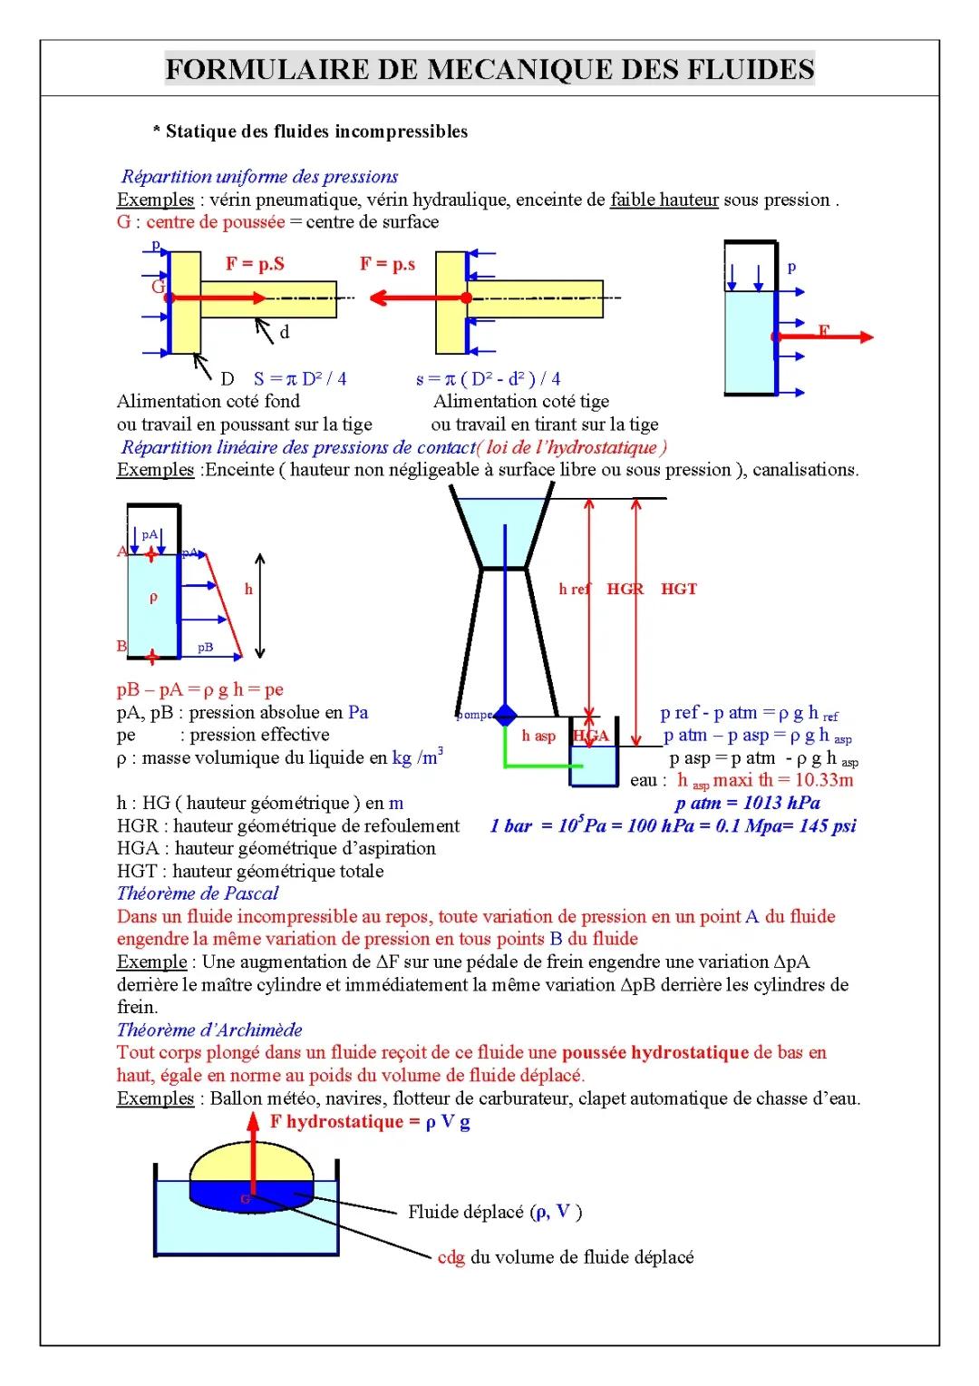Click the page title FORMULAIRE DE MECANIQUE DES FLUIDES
coord(489,69)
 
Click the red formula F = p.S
coord(255,264)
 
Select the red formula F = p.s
coord(387,264)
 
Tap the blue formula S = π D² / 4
coord(300,379)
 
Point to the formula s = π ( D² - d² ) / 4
coord(488,379)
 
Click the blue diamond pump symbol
coord(505,715)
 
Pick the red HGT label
coord(679,590)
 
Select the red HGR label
coord(625,590)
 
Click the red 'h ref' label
coord(574,590)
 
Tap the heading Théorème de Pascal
coord(198,893)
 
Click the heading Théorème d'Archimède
coord(209,1030)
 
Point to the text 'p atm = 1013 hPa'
coord(748,803)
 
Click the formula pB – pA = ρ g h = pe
coord(200,689)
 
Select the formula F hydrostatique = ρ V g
coord(370,1121)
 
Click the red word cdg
coord(451,1257)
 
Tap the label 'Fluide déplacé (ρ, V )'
coord(495,1212)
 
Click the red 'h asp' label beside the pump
coord(538,736)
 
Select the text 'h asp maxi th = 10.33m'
coord(765,780)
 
